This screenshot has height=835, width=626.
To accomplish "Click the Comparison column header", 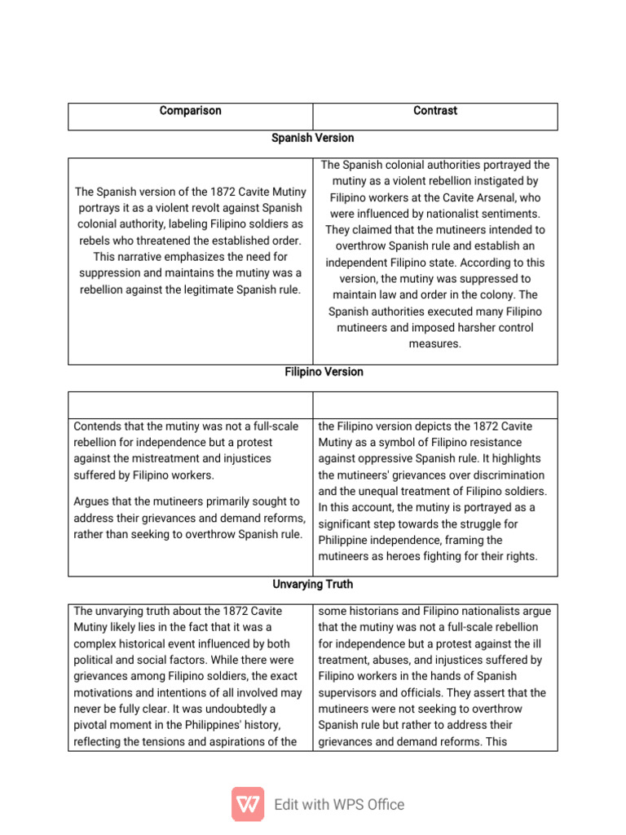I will pyautogui.click(x=190, y=110).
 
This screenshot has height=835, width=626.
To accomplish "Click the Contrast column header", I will pyautogui.click(x=435, y=110).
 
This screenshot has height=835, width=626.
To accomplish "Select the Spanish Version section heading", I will pyautogui.click(x=312, y=138).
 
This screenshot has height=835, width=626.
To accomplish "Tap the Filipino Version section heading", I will pyautogui.click(x=312, y=372).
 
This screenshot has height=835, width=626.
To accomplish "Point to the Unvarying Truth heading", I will pyautogui.click(x=312, y=585).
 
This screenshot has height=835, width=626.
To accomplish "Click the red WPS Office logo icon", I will pyautogui.click(x=248, y=804).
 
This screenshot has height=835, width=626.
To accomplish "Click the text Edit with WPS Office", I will pyautogui.click(x=339, y=805).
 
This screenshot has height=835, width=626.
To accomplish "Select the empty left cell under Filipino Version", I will pyautogui.click(x=190, y=404).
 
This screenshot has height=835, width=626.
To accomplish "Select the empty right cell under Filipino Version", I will pyautogui.click(x=435, y=404).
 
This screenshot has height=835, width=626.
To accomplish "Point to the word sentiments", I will pyautogui.click(x=515, y=214).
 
